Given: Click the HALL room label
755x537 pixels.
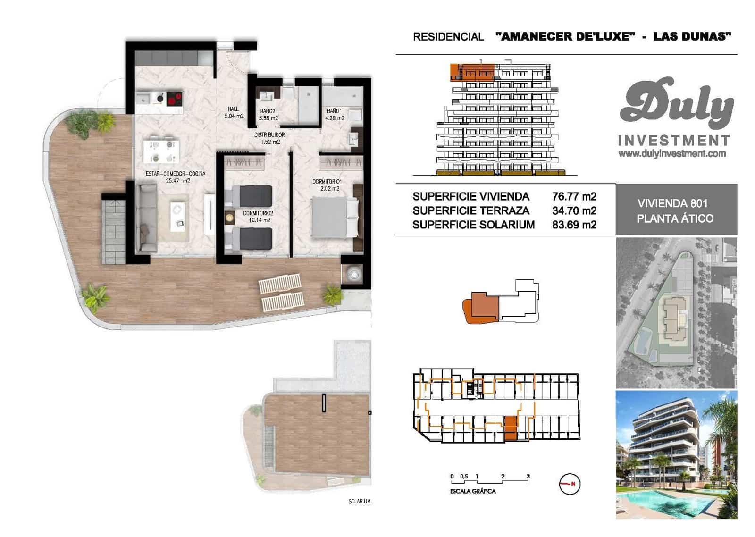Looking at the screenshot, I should [234, 109].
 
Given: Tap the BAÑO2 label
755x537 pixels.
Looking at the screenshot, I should [268, 111].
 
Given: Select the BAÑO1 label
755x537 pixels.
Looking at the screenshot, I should [334, 111].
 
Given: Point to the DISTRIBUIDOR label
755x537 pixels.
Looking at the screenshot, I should [269, 135].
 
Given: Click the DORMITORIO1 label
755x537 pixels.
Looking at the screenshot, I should [327, 182].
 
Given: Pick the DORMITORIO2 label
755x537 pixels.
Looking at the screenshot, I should [258, 213].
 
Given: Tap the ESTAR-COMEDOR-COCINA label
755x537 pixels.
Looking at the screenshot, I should [176, 174].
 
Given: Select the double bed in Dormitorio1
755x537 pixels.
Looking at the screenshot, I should [335, 218].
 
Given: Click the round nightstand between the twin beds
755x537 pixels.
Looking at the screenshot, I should [230, 218].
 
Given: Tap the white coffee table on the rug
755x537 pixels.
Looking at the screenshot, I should [178, 215].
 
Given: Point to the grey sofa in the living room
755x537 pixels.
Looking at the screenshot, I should [146, 218].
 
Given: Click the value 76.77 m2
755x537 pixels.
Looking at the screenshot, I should [574, 197].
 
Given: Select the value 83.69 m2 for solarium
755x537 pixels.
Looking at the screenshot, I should [574, 225].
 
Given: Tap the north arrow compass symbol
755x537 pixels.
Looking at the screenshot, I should [570, 484].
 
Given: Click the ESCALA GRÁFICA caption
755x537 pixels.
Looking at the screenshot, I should [473, 491].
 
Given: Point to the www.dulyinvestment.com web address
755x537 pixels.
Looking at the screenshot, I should [672, 153].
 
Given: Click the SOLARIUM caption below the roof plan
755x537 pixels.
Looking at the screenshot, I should [359, 501].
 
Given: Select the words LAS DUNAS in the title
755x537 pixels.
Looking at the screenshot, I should [692, 36].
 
